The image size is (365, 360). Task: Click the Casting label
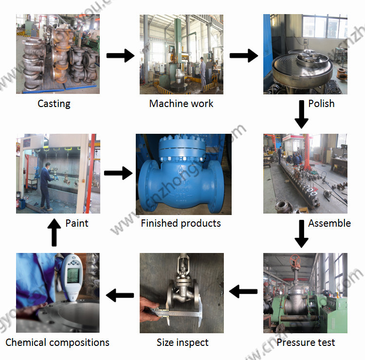click(x=54, y=104)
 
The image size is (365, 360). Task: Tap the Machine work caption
click(x=181, y=104)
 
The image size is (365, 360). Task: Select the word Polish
click(x=321, y=104)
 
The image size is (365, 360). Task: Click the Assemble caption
click(x=329, y=223)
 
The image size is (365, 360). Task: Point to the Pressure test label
click(x=306, y=342)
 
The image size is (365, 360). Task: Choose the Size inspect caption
click(x=182, y=342)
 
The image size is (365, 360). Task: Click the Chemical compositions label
click(x=57, y=342)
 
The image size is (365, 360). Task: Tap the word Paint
click(x=77, y=223)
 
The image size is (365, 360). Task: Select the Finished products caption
click(x=181, y=223)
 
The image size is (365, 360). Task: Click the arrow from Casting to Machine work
click(x=120, y=55)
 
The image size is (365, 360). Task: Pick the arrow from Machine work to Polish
click(x=243, y=55)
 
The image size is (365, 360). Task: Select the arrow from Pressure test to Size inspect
click(x=243, y=292)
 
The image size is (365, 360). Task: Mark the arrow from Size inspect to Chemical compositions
click(x=120, y=294)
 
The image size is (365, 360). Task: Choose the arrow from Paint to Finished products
click(x=118, y=173)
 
